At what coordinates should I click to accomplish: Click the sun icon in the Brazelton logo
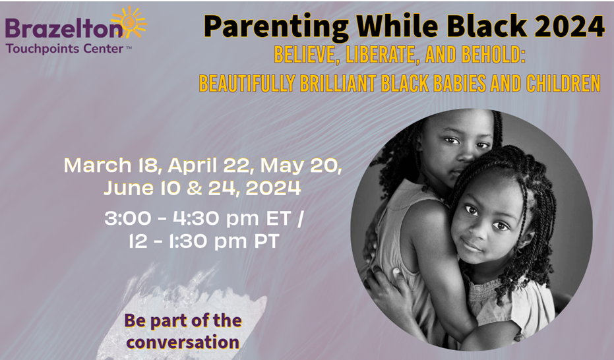click(x=129, y=22)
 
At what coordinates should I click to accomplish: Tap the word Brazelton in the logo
click(x=64, y=29)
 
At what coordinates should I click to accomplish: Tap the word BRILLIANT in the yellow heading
click(x=338, y=83)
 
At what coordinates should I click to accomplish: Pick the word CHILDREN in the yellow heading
click(x=563, y=83)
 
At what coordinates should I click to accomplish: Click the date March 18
click(x=112, y=165)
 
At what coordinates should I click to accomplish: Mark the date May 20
click(x=301, y=166)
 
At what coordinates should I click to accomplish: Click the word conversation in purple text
click(x=183, y=342)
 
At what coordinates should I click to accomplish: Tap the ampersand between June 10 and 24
click(x=194, y=188)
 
